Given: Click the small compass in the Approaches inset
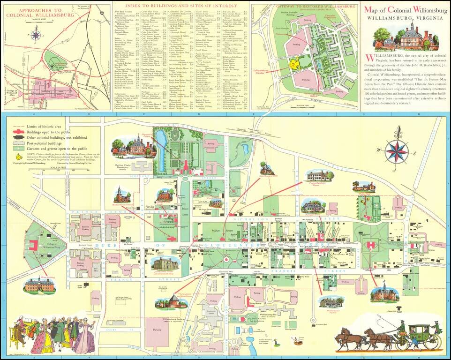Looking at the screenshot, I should pos(36,34).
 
